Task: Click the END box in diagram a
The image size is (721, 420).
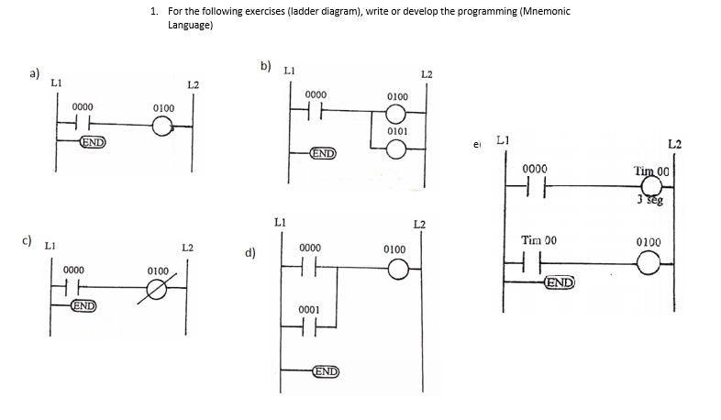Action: click(x=92, y=142)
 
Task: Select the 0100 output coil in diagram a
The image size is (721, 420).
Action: click(x=162, y=127)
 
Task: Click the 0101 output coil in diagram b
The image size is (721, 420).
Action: click(x=395, y=150)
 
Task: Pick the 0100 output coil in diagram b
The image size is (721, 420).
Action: click(x=395, y=114)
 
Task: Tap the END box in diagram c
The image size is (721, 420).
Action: click(x=85, y=304)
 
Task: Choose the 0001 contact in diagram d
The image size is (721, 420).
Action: click(x=309, y=330)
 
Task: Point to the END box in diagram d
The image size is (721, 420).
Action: click(x=326, y=371)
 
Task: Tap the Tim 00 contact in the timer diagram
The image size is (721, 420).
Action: click(x=534, y=263)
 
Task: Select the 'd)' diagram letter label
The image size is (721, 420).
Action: click(x=249, y=252)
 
